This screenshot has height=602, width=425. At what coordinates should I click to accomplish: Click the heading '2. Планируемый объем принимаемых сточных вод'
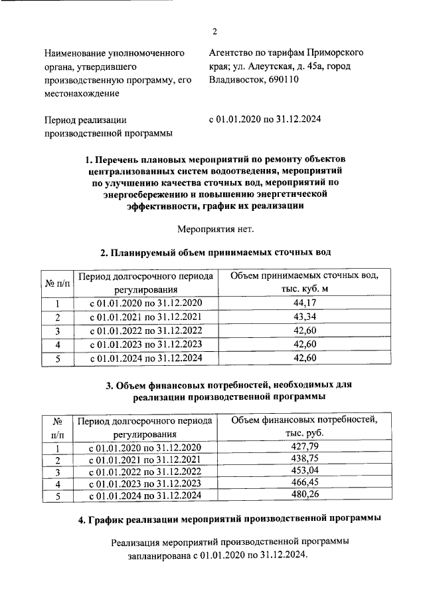215,253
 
